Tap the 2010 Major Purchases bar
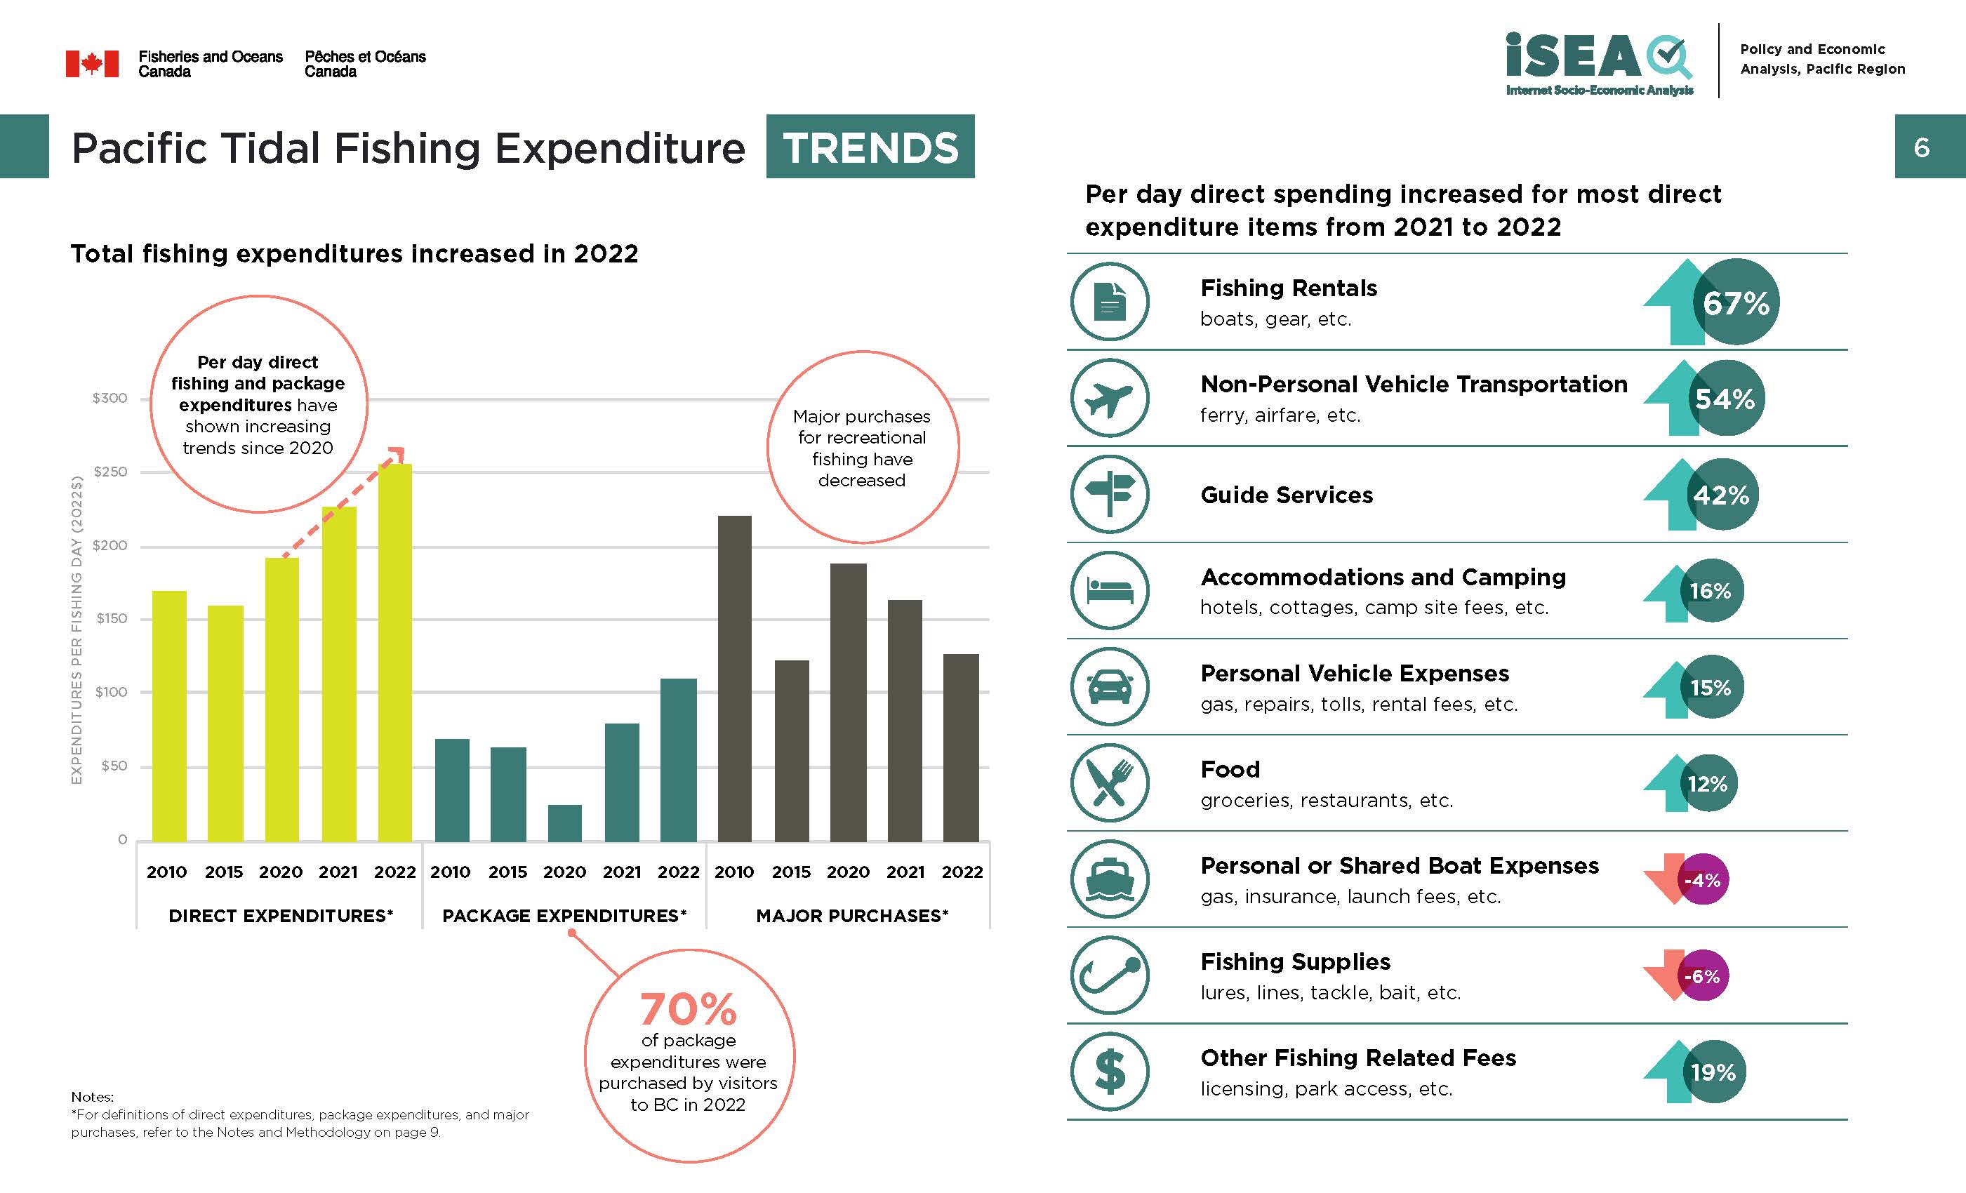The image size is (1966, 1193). pyautogui.click(x=734, y=679)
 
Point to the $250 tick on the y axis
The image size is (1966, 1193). pyautogui.click(x=110, y=472)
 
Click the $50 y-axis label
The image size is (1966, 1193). pyautogui.click(x=113, y=766)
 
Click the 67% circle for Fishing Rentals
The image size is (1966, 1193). pyautogui.click(x=1736, y=302)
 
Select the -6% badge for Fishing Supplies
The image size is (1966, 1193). pyautogui.click(x=1703, y=976)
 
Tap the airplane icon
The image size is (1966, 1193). pyautogui.click(x=1109, y=398)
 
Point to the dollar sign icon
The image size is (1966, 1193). pyautogui.click(x=1109, y=1072)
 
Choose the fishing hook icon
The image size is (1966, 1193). pyautogui.click(x=1109, y=975)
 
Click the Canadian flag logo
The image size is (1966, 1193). pyautogui.click(x=92, y=64)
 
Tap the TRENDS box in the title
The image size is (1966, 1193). pyautogui.click(x=870, y=147)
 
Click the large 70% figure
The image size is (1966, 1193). pyautogui.click(x=688, y=1009)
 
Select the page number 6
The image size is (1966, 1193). pyautogui.click(x=1921, y=147)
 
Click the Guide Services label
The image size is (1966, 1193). pyautogui.click(x=1286, y=495)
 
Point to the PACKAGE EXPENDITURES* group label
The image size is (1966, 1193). pyautogui.click(x=564, y=915)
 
